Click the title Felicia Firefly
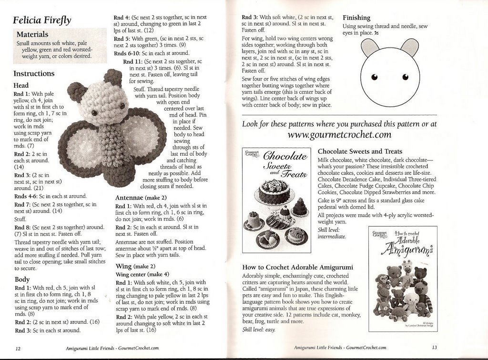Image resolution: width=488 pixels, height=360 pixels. point(42,20)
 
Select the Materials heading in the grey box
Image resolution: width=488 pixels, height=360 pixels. point(32,34)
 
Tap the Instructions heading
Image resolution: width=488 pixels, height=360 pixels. point(34,74)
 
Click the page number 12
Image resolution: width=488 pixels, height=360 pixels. point(18,349)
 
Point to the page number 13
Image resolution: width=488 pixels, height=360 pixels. point(435,347)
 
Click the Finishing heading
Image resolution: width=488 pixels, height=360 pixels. point(356,18)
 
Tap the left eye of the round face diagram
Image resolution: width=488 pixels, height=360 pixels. point(374,77)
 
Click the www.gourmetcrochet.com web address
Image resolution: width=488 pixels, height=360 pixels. point(339,135)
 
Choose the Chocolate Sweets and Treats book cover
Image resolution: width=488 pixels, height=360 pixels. point(277,200)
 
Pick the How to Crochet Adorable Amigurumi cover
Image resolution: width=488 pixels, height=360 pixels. point(403,278)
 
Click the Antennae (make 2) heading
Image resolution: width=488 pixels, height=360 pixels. point(141,198)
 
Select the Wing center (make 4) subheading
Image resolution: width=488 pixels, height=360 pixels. point(142,274)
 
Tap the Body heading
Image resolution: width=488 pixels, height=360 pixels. point(22,279)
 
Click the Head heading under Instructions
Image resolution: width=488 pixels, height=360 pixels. point(21,85)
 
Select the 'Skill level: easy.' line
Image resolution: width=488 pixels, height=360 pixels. point(259,330)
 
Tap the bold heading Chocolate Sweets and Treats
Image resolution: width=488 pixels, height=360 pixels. point(360,151)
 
